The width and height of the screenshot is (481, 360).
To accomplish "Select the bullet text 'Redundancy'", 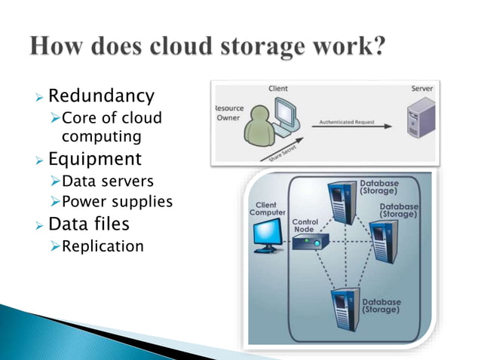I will pyautogui.click(x=101, y=96).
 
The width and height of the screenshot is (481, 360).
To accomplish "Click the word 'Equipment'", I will pyautogui.click(x=94, y=159).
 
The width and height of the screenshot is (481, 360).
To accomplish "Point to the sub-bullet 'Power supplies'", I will pyautogui.click(x=117, y=202).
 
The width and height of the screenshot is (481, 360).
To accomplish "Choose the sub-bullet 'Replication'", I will pyautogui.click(x=102, y=246).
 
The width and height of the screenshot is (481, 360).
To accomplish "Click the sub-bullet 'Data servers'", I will pyautogui.click(x=108, y=182).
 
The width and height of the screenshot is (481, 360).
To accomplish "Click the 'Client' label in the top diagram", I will pyautogui.click(x=277, y=89).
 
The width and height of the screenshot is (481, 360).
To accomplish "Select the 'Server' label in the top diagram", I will pyautogui.click(x=421, y=89).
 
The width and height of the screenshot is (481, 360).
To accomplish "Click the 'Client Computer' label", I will pyautogui.click(x=267, y=209).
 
